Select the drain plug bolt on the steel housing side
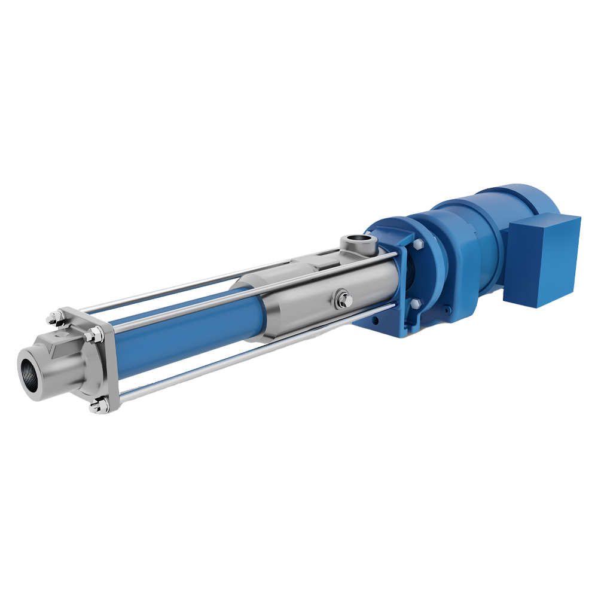(342, 297)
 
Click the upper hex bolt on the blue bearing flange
(417, 246)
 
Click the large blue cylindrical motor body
(472, 239)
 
